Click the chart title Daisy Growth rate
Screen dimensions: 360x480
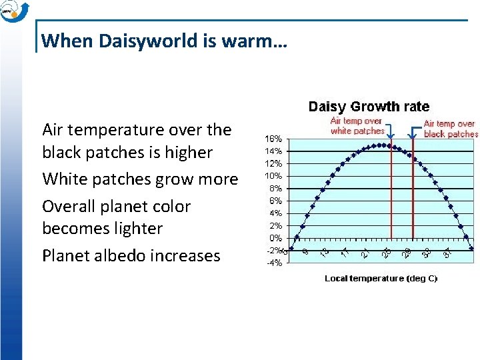coord(368,107)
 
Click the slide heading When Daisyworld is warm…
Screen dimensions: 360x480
coord(164,41)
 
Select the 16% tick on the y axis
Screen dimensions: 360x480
coord(273,139)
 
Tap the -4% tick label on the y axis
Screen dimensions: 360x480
coord(273,263)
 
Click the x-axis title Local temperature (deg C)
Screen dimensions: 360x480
coord(381,279)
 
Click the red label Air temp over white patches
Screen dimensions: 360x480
coord(357,126)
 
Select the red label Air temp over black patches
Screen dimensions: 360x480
coord(451,129)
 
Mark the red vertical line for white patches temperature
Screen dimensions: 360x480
coord(391,193)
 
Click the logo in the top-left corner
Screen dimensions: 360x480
coord(15,11)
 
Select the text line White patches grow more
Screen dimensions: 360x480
coord(140,179)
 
